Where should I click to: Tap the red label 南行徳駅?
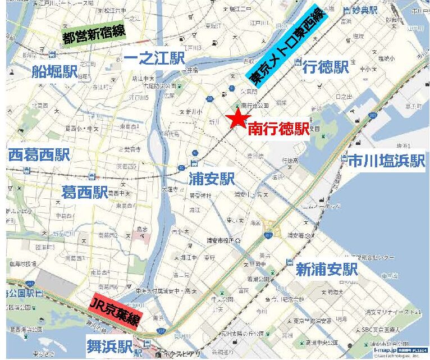[x=278, y=129]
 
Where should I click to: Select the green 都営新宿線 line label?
[x=94, y=34]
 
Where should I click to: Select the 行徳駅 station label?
[x=325, y=68]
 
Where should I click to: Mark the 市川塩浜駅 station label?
[x=385, y=161]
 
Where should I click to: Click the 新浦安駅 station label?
[x=326, y=268]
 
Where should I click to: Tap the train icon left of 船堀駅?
[x=52, y=54]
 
